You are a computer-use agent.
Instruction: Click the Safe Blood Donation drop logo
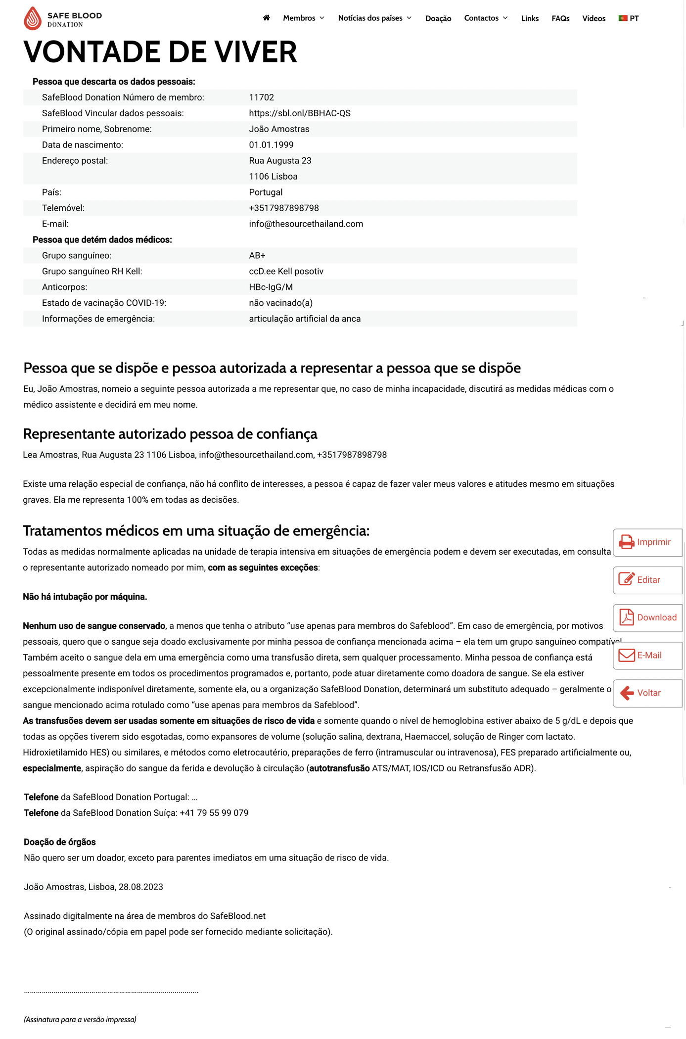pos(33,18)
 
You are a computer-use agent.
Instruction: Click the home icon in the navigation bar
pos(266,18)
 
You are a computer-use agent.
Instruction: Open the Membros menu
pos(303,18)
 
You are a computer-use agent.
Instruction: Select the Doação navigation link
pos(438,19)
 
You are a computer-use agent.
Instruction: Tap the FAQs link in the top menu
pos(560,19)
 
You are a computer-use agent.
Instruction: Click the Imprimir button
pos(647,542)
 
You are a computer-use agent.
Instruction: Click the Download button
pos(647,617)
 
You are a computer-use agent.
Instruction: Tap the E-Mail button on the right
pos(647,655)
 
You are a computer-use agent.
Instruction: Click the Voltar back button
pos(647,693)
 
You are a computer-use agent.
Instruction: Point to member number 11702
pos(261,97)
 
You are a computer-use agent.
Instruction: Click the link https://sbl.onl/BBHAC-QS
pos(299,113)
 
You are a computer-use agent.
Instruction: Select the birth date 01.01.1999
pos(271,145)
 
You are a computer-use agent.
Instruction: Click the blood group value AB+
pos(257,255)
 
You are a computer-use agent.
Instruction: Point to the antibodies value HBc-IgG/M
pos(271,287)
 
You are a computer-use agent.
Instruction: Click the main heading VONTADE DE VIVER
pos(160,52)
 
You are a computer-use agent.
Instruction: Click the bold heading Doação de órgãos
pos(60,842)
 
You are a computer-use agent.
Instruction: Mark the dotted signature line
pos(111,992)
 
